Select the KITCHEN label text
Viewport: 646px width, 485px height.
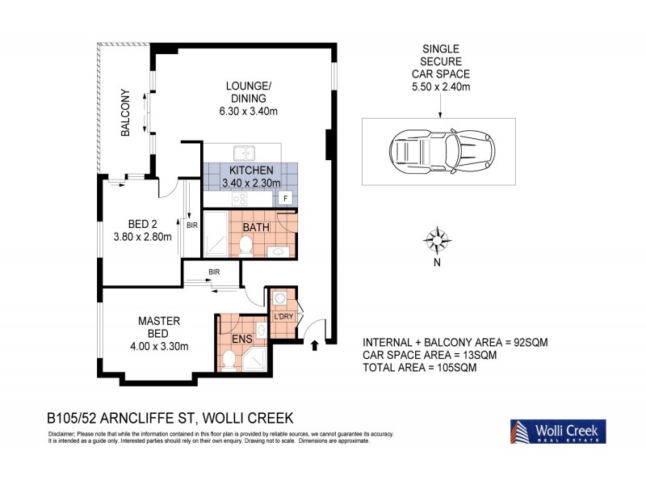[x=251, y=171]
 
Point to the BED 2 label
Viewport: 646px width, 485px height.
[x=135, y=226]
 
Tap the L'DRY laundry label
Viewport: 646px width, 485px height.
[x=283, y=315]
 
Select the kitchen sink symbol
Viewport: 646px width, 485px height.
[x=243, y=152]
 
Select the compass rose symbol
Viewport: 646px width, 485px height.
[x=437, y=239]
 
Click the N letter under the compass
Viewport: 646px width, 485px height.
[x=437, y=262]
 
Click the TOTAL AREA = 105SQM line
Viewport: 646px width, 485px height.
[x=420, y=368]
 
